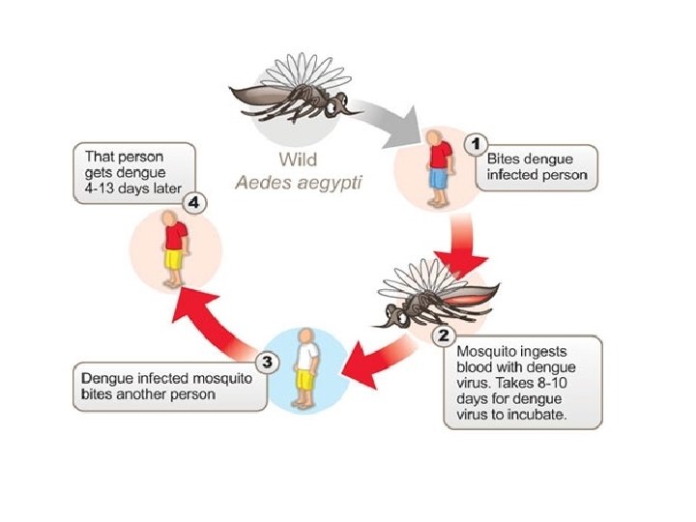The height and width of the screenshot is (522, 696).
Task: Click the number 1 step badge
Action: pyautogui.click(x=475, y=144)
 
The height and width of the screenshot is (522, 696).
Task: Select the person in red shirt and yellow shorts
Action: pyautogui.click(x=174, y=249)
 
